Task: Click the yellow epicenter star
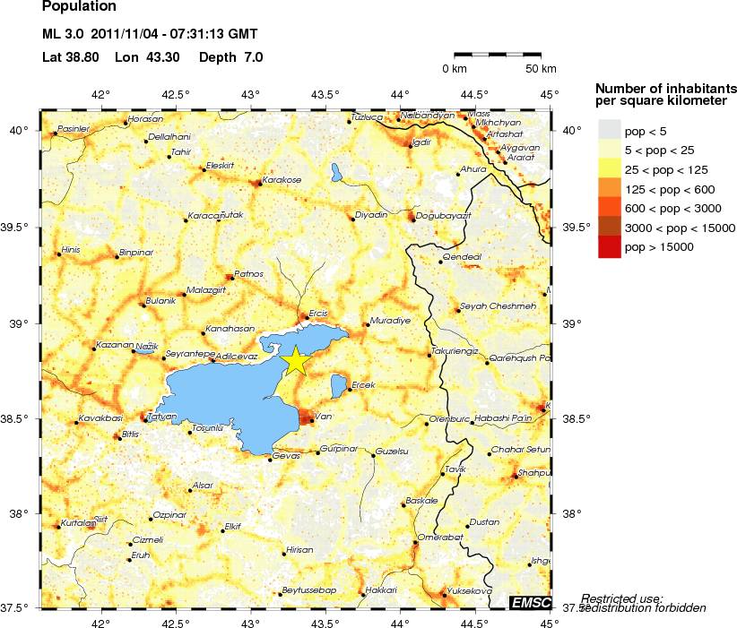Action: [294, 360]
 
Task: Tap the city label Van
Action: [325, 416]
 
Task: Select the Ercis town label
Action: [319, 314]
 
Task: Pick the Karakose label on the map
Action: [282, 179]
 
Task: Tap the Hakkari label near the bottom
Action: [381, 590]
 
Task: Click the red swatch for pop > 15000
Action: [609, 246]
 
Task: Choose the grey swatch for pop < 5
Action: [609, 132]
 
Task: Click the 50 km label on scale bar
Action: [540, 69]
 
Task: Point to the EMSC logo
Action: [531, 603]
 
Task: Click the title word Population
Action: [79, 7]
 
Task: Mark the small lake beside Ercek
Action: [339, 387]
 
